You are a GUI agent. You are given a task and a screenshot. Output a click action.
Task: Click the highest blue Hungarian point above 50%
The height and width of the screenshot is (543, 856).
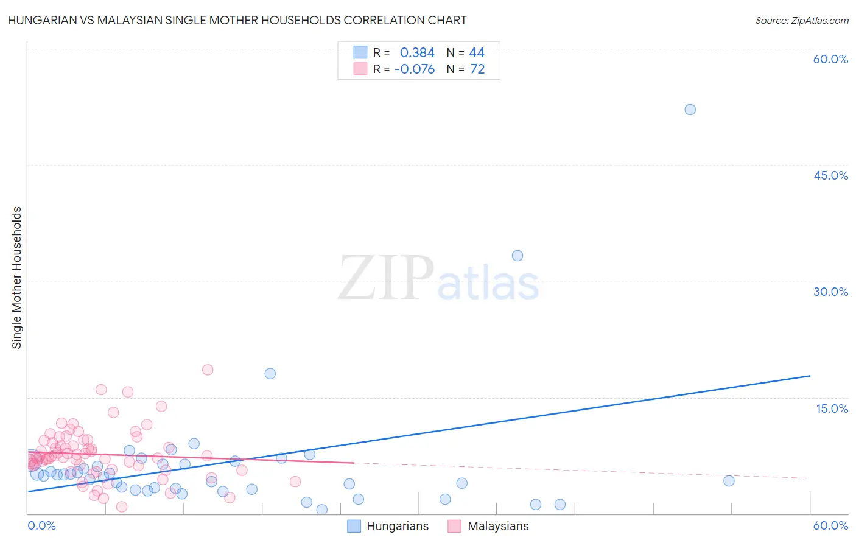click(690, 110)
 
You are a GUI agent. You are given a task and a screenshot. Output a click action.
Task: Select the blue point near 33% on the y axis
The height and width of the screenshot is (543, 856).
click(517, 256)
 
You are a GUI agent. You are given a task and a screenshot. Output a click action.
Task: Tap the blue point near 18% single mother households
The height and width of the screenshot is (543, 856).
click(270, 374)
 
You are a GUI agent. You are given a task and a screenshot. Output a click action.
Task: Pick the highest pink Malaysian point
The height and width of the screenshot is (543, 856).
click(208, 370)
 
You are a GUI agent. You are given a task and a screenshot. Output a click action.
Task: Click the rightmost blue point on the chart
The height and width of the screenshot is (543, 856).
click(729, 481)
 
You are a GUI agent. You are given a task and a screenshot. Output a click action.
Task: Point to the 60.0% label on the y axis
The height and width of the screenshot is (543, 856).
click(830, 59)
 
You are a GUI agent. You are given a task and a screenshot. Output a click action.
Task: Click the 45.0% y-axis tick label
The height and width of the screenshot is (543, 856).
click(830, 175)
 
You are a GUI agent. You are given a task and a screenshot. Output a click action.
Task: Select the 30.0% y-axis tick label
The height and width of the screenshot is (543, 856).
click(830, 292)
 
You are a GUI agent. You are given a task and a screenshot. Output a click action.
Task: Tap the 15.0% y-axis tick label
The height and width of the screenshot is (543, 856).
click(832, 408)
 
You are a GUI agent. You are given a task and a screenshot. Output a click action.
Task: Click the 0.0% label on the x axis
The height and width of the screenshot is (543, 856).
click(41, 526)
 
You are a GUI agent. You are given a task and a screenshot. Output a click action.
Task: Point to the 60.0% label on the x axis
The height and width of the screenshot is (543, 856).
click(830, 526)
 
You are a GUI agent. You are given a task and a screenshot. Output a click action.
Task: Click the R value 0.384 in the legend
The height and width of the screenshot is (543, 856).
click(417, 53)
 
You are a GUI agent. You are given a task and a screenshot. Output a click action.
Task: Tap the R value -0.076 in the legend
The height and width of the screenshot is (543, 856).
click(415, 69)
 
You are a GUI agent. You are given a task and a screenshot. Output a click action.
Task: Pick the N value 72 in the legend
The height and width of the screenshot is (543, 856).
click(477, 69)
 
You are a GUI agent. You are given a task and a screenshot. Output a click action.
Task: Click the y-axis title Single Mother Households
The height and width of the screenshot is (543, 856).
click(17, 278)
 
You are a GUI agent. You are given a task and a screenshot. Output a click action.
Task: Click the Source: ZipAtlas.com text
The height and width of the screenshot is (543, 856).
click(801, 21)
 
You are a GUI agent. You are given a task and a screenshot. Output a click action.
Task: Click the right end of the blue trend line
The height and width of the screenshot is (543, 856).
click(810, 376)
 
